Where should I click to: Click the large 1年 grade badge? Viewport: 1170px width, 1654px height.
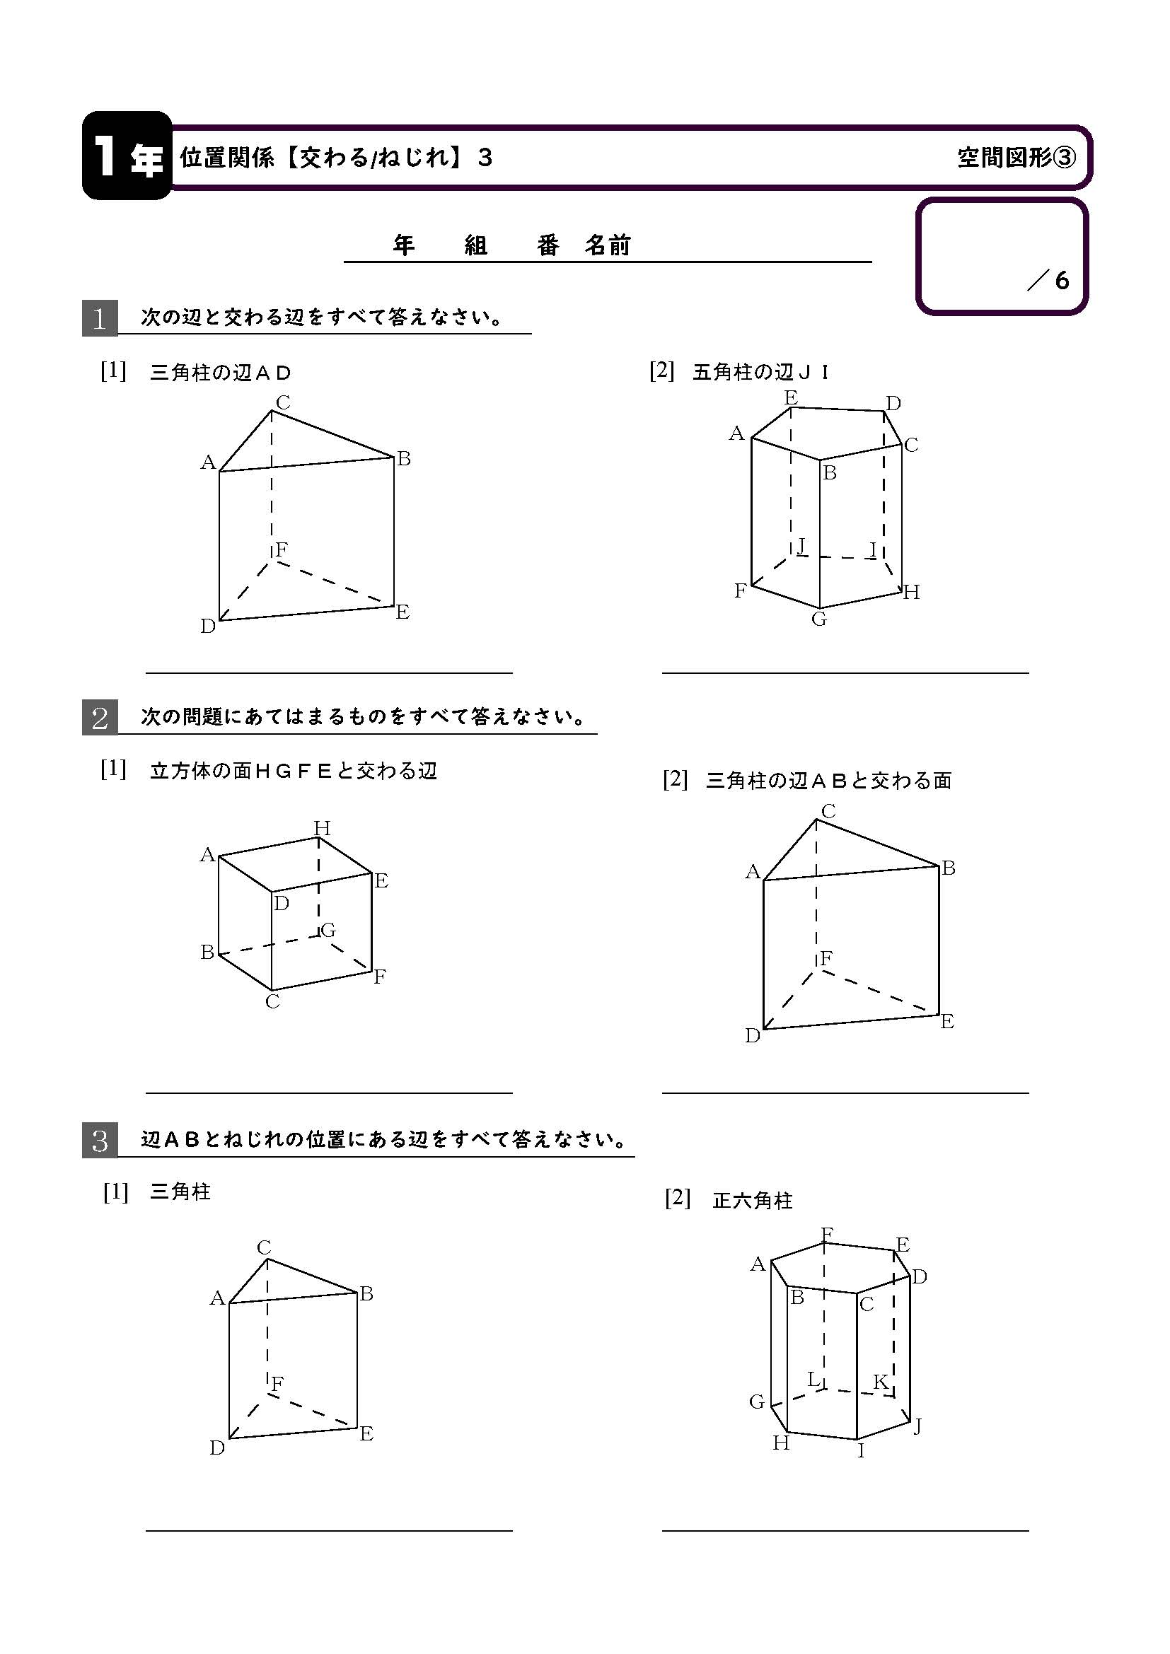[127, 156]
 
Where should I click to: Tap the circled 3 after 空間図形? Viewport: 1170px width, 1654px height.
[1065, 158]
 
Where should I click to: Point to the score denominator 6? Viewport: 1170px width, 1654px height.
[1062, 279]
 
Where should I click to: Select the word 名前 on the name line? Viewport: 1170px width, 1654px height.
[608, 245]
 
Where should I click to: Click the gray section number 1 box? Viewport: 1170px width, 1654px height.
[100, 318]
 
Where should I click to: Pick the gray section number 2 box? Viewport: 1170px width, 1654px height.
[100, 718]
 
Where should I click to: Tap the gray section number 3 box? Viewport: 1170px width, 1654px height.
[100, 1141]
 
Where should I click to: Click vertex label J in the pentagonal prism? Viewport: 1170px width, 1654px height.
[801, 546]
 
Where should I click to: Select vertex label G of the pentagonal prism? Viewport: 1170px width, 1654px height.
[818, 619]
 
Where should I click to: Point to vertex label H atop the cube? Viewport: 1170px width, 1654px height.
[322, 829]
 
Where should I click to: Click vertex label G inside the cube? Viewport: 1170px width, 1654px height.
[328, 930]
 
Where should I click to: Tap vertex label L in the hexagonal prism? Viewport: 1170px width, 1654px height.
[813, 1380]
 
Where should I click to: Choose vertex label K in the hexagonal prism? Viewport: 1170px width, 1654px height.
[881, 1382]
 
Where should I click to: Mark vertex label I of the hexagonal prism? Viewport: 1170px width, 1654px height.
[861, 1450]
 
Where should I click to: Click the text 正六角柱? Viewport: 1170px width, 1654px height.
[752, 1201]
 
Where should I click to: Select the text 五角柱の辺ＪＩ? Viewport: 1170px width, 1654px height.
[762, 373]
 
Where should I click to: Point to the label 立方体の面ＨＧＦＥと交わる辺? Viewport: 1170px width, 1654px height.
[294, 771]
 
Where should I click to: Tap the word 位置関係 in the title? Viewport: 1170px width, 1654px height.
[227, 157]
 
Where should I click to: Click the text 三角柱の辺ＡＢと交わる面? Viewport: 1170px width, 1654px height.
[829, 780]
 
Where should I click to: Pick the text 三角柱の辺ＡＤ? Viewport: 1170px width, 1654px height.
[221, 373]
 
